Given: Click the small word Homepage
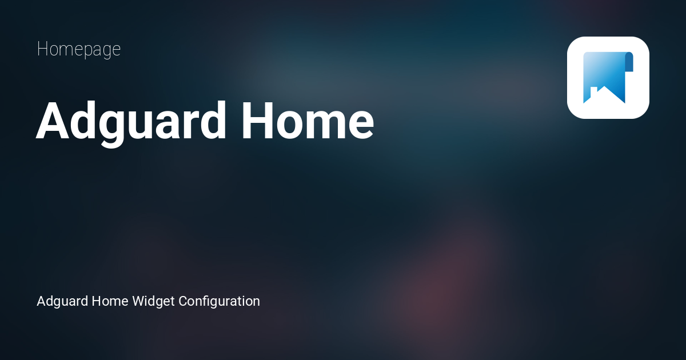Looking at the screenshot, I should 78,50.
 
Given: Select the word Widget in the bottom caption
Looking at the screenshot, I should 153,301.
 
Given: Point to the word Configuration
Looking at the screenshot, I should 219,301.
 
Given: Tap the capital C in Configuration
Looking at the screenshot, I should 184,301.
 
